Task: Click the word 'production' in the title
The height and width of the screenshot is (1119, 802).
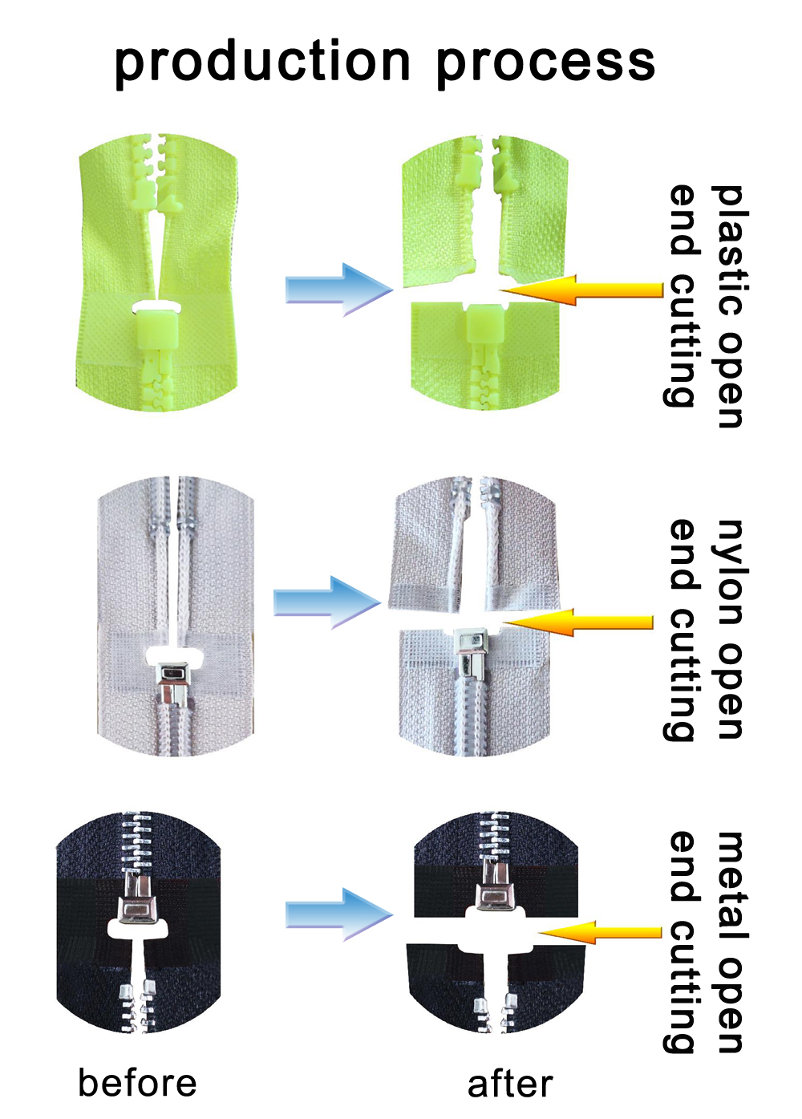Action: click(261, 63)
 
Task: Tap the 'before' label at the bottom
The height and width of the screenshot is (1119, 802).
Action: click(137, 1083)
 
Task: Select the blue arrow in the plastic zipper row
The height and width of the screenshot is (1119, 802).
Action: click(339, 290)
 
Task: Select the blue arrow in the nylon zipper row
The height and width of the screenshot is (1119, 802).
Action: click(327, 602)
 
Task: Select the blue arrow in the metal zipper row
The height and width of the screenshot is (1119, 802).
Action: click(339, 914)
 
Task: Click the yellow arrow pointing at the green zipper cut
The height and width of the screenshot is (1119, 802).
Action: click(581, 290)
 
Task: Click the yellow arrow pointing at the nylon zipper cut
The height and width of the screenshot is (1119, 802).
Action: click(577, 622)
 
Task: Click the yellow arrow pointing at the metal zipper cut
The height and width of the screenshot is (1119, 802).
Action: click(600, 932)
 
